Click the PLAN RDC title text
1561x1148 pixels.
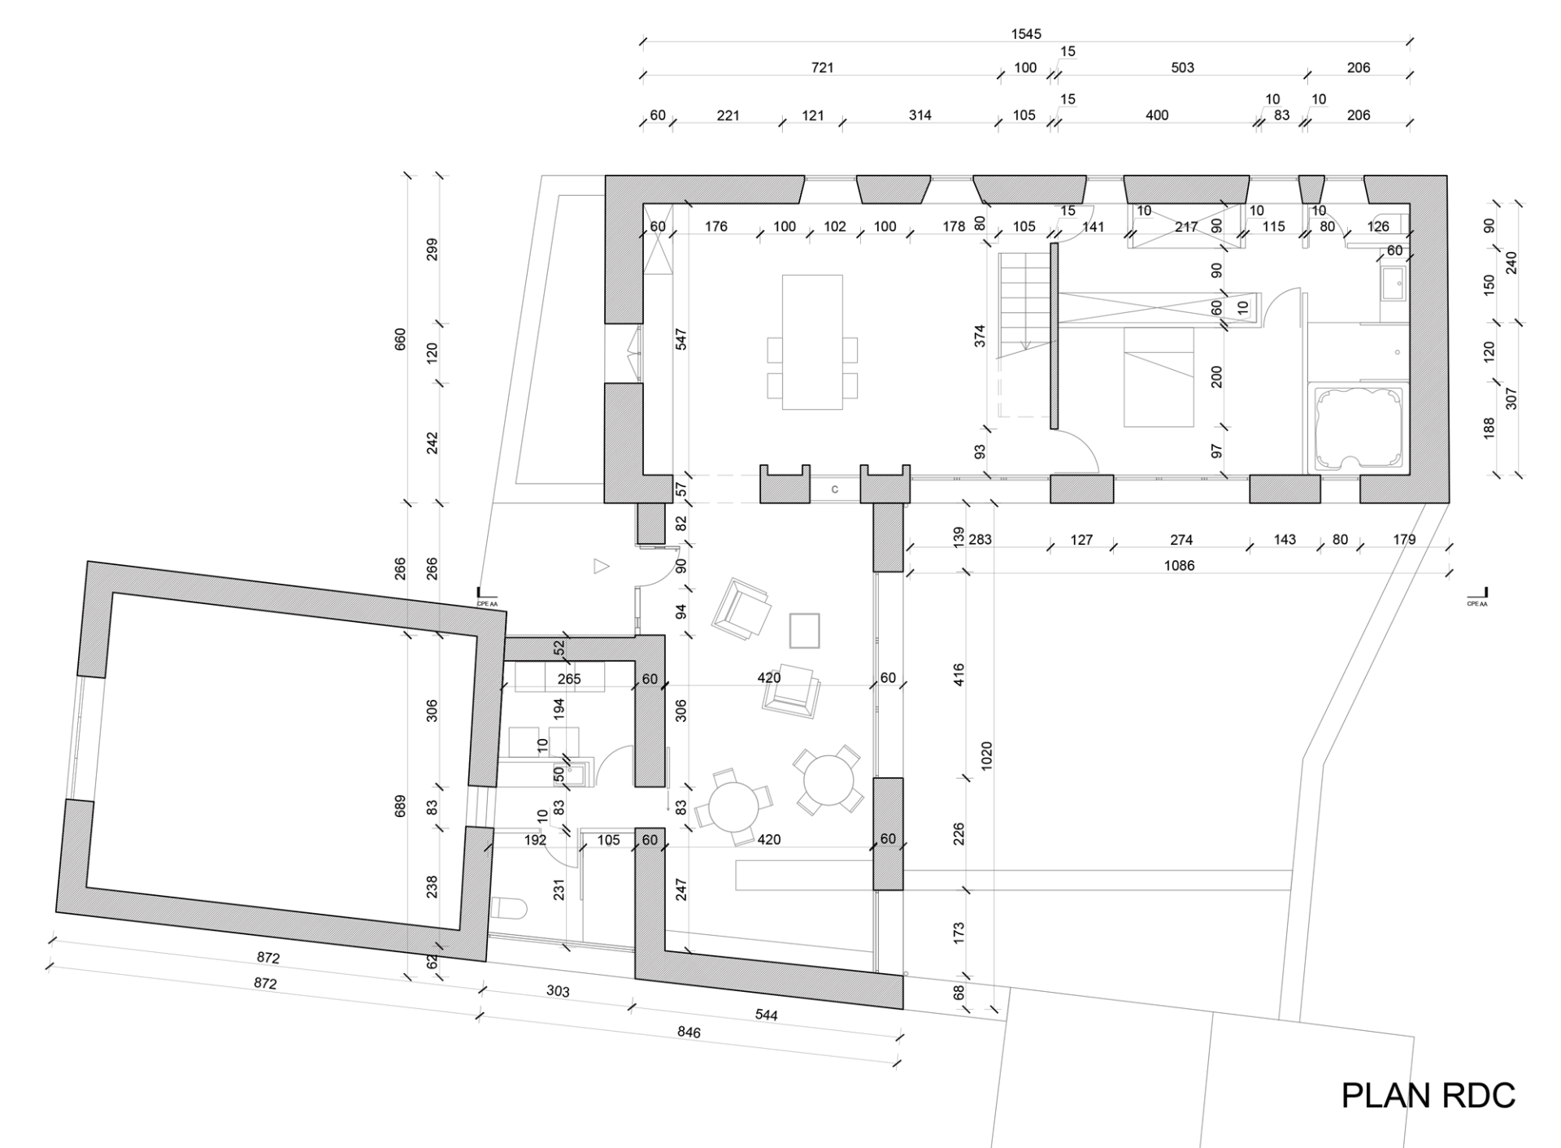pyautogui.click(x=1428, y=1096)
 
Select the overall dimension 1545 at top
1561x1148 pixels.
pyautogui.click(x=1026, y=34)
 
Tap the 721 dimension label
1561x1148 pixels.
pyautogui.click(x=822, y=67)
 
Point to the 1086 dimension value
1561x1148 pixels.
pyautogui.click(x=1179, y=565)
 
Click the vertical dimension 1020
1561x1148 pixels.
pyautogui.click(x=986, y=756)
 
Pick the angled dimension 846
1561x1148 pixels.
pyautogui.click(x=688, y=1033)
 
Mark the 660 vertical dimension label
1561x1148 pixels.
pyautogui.click(x=399, y=339)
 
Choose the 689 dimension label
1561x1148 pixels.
pyautogui.click(x=399, y=807)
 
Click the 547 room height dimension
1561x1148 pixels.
pyautogui.click(x=680, y=339)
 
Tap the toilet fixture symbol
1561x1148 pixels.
pyautogui.click(x=510, y=909)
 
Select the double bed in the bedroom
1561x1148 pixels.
pyautogui.click(x=1159, y=376)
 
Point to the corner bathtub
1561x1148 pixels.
pyautogui.click(x=1359, y=428)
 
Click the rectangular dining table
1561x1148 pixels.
pyautogui.click(x=812, y=341)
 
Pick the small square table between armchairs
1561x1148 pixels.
pyautogui.click(x=804, y=630)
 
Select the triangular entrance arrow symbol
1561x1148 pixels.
pyautogui.click(x=601, y=566)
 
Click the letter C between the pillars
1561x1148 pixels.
pyautogui.click(x=835, y=489)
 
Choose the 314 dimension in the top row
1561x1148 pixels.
pyautogui.click(x=920, y=115)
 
